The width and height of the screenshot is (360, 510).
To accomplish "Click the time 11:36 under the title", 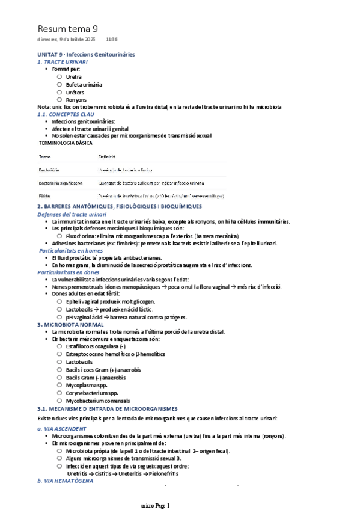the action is pos(111,40).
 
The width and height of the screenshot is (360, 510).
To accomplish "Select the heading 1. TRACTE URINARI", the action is pos(63,62).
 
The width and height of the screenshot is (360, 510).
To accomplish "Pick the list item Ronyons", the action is pos(76,100).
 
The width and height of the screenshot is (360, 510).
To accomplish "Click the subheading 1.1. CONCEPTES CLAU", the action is pos(66,114).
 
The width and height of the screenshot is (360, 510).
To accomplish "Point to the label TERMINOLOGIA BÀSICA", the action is pos(66,144).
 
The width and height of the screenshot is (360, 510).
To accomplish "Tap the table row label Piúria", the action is pos(44,195).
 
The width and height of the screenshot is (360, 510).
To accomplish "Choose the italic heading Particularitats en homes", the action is pos(71,250).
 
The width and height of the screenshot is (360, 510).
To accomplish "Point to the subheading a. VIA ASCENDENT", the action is pos(63,428).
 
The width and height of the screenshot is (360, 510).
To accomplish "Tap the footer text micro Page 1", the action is pos(156,505).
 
